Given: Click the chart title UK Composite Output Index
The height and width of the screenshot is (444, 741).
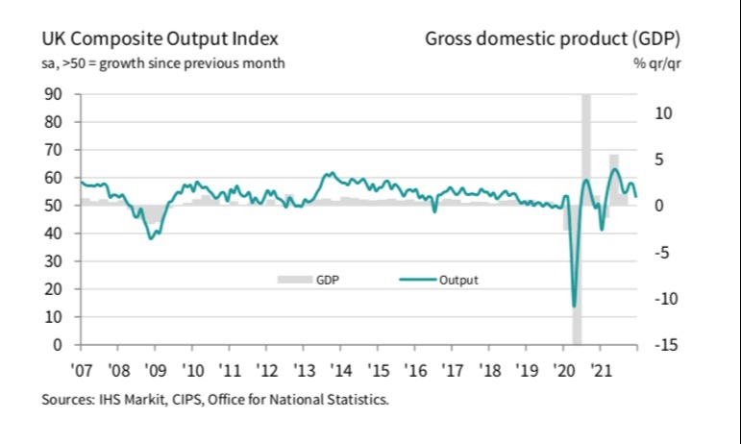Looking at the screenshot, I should pyautogui.click(x=160, y=39).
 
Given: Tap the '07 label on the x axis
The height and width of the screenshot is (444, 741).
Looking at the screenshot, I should pyautogui.click(x=83, y=369).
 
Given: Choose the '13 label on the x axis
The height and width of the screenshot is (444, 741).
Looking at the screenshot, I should pyautogui.click(x=305, y=369).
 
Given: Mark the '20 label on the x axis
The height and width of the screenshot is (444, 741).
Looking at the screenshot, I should pyautogui.click(x=563, y=369).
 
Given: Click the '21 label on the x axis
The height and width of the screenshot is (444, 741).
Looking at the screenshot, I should pyautogui.click(x=601, y=369).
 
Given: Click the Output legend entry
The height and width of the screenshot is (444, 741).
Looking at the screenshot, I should pyautogui.click(x=458, y=280).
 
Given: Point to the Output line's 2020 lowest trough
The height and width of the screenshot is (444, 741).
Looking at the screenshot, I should pyautogui.click(x=575, y=307).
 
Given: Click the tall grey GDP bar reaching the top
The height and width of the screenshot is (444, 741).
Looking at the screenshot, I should pyautogui.click(x=586, y=144).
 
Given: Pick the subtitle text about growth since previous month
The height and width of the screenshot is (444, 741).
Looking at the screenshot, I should pyautogui.click(x=162, y=63).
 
